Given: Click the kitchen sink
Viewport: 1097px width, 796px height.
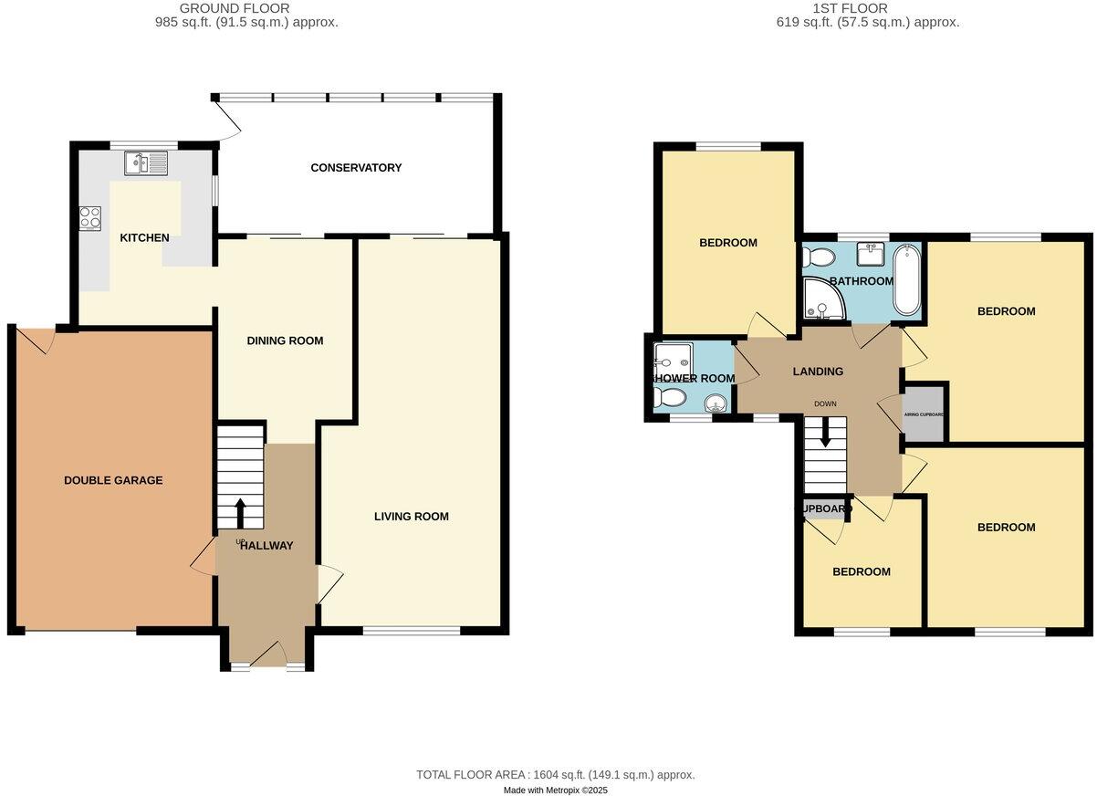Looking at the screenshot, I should pos(147,163).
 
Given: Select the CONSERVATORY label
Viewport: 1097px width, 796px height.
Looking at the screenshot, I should pos(356,168).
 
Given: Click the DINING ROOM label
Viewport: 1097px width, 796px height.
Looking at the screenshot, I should pos(285,340).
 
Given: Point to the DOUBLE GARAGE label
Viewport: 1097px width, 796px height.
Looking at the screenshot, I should pos(113,480).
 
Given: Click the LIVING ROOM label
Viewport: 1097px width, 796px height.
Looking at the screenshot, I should pos(411,517).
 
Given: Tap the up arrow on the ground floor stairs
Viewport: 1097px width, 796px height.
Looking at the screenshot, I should pos(241,512).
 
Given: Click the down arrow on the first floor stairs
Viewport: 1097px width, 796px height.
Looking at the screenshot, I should pos(825,433).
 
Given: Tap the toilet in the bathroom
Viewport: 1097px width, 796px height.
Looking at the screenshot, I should pos(815,257).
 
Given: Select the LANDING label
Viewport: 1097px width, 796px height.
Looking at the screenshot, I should pos(818,372).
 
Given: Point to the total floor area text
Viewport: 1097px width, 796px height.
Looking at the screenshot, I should pos(555,775).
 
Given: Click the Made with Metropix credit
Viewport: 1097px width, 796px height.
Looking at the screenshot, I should pos(555,791).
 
